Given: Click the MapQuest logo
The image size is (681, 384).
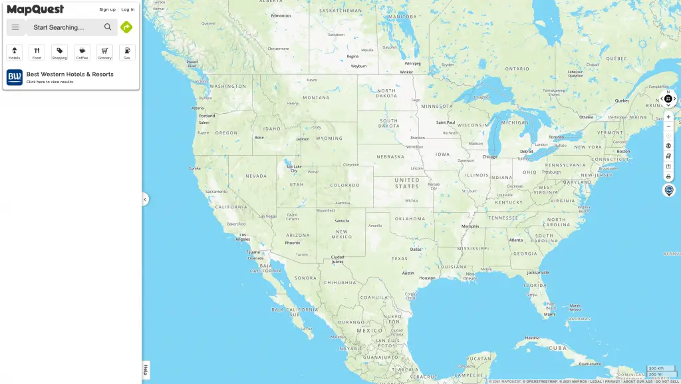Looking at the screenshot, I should [x=35, y=9].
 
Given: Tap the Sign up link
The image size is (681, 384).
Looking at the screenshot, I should [x=107, y=9].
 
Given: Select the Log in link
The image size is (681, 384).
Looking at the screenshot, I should [x=128, y=9].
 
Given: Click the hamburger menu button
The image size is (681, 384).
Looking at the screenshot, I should [x=15, y=27].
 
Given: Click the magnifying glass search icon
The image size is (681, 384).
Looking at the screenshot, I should [x=108, y=27].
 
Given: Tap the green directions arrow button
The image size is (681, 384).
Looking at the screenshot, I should [x=126, y=27].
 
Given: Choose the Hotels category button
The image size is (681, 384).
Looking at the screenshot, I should [x=15, y=53].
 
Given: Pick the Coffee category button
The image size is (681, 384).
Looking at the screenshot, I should [x=82, y=53].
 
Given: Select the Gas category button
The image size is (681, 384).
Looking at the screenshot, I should [x=127, y=53].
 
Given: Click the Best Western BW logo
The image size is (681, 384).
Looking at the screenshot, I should [x=15, y=77].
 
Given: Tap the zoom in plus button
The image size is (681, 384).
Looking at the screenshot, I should [x=668, y=117].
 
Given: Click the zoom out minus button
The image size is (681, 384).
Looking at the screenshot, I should [x=668, y=126].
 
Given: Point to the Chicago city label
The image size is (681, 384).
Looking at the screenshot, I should [x=489, y=157].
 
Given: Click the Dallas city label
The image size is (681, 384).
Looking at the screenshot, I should [x=416, y=250].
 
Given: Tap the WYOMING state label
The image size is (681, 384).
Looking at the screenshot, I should [x=329, y=138].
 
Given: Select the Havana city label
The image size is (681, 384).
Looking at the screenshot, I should [x=531, y=338].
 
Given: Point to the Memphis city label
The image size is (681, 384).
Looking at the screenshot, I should [x=470, y=226].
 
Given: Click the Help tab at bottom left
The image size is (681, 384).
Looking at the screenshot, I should [x=146, y=370].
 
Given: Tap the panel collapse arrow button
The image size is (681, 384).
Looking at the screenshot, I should [x=145, y=199].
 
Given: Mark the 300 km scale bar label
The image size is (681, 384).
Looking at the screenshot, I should [x=656, y=368].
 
